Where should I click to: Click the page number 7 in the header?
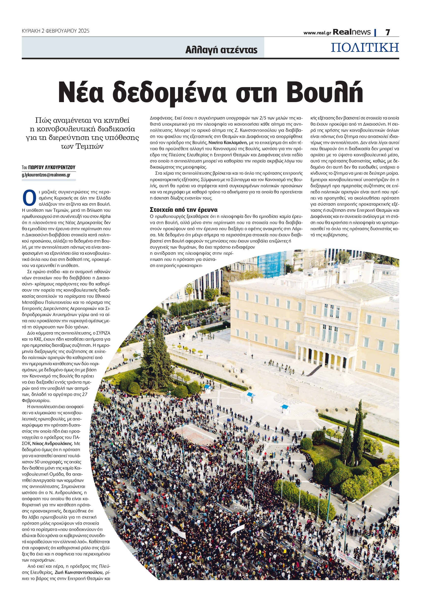[388, 32]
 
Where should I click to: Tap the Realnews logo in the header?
[352, 32]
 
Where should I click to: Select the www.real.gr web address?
[317, 33]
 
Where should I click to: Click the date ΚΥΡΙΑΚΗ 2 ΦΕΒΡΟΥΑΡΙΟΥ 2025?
[55, 31]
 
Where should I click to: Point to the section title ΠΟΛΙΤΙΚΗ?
[365, 48]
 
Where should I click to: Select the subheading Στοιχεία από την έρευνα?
[183, 210]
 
